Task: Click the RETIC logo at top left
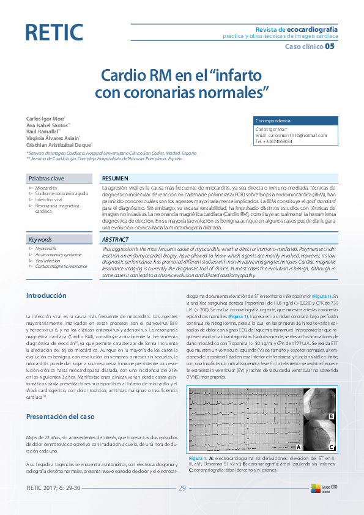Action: (54, 32)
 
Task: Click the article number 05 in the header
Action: (330, 46)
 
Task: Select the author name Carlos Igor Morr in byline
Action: (45, 117)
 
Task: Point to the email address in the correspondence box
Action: (291, 135)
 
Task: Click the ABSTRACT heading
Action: (115, 240)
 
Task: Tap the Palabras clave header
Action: (45, 178)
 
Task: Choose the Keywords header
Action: (40, 240)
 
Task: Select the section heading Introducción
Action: (46, 295)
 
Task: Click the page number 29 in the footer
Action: (182, 488)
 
